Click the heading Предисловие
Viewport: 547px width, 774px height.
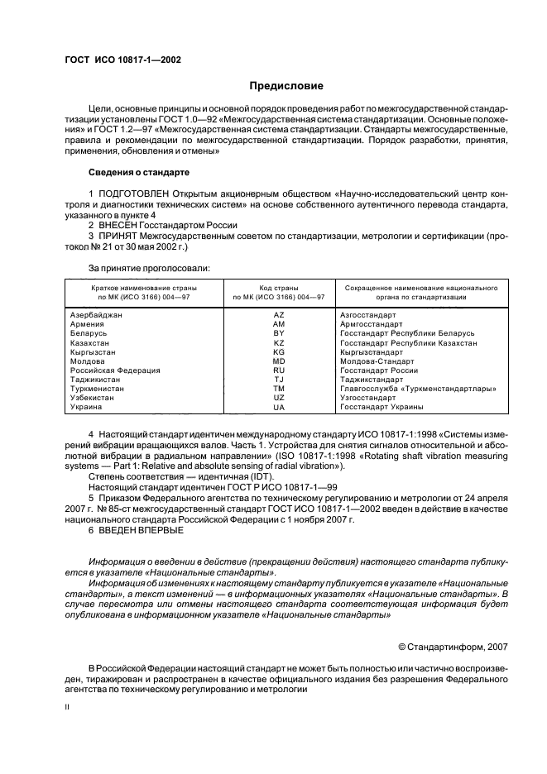286,86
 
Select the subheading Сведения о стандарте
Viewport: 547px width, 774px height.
138,172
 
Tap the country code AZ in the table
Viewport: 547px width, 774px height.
278,315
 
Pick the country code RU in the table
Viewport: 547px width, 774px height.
278,370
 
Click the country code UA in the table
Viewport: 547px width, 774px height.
278,408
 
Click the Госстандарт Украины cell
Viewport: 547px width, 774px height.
381,407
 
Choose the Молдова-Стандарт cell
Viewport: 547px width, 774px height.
377,361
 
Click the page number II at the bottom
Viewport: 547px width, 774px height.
68,708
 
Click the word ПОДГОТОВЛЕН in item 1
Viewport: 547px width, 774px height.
133,193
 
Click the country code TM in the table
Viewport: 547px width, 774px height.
278,389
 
